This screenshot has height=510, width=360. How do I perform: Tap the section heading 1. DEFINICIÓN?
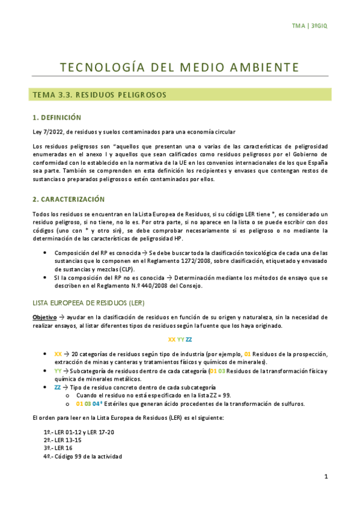[57, 117]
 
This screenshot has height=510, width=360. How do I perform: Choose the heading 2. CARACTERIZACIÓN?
[69, 199]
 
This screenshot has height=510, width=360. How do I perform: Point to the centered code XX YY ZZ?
[180, 340]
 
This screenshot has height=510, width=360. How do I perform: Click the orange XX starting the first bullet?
[58, 354]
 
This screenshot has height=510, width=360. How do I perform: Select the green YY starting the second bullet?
[58, 371]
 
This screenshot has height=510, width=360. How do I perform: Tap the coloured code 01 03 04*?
[88, 404]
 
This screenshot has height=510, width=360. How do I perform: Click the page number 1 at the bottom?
[325, 477]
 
